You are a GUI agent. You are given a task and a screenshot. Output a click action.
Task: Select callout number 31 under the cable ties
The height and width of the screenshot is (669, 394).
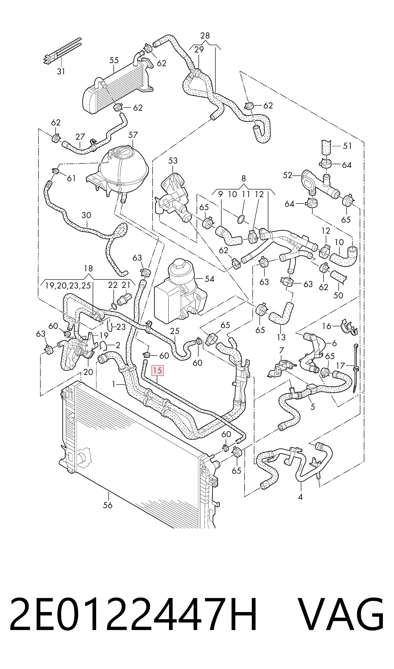tap(61, 72)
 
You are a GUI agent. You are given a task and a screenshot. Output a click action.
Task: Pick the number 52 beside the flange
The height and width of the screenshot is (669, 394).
tap(288, 175)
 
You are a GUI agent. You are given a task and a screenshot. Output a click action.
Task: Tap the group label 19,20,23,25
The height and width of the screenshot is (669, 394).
tap(68, 286)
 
